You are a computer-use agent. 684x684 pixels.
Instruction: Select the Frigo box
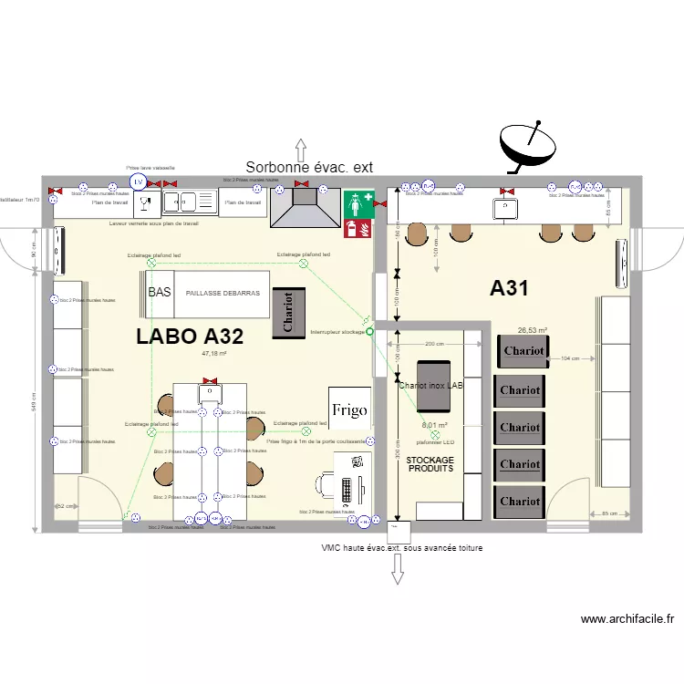(x=349, y=409)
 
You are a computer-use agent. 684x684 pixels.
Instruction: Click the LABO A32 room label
(x=189, y=336)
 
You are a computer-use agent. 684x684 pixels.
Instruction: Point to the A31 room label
(x=510, y=288)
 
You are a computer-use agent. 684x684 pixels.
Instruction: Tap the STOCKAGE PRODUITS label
(x=430, y=464)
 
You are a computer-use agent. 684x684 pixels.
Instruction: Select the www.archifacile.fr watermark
(x=628, y=619)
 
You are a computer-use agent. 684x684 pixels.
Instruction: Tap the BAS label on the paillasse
(x=160, y=293)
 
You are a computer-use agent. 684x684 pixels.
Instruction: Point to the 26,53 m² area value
(x=532, y=331)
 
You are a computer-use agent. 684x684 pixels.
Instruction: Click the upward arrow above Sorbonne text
(x=299, y=148)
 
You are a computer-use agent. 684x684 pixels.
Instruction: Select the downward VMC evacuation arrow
(x=398, y=569)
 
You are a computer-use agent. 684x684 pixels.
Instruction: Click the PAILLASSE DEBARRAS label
(x=223, y=294)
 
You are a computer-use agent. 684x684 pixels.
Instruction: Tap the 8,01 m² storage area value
(x=434, y=425)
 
